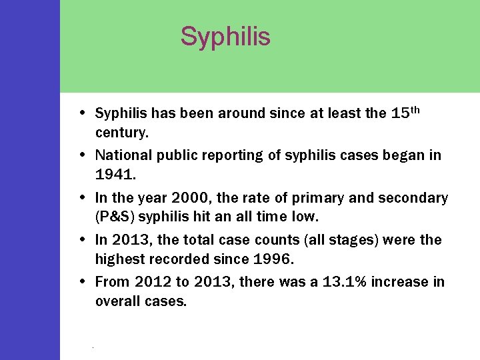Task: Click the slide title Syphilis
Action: pos(225,36)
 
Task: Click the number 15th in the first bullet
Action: pos(405,113)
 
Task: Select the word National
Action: pos(124,155)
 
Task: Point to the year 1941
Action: pos(114,175)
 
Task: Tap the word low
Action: pos(307,217)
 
